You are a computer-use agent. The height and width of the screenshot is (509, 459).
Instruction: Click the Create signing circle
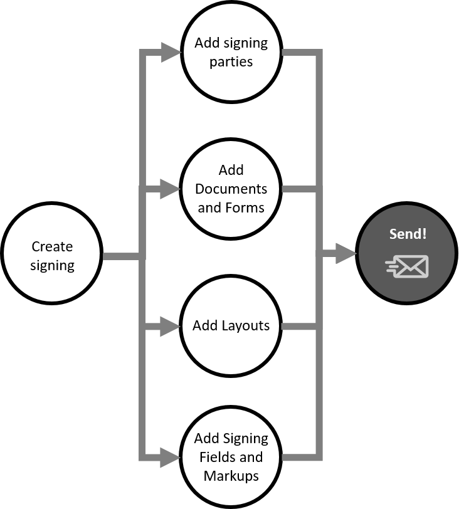[x=52, y=255]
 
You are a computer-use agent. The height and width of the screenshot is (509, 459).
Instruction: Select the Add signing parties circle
[x=231, y=52]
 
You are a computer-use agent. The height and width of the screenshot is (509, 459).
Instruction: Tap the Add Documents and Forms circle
[x=231, y=189]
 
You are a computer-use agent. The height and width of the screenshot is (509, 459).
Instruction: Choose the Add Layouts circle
[x=231, y=326]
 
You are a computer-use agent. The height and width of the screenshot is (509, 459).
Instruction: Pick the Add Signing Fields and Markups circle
[x=231, y=457]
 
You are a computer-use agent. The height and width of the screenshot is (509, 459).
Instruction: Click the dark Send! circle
[x=407, y=254]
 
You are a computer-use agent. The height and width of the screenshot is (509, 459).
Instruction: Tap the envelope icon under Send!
[x=408, y=266]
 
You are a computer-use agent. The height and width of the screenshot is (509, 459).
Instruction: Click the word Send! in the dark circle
[x=408, y=234]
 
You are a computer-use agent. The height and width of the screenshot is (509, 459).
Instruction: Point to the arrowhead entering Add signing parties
[x=171, y=53]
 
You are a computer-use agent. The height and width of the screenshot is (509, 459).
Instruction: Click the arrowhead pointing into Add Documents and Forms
[x=171, y=189]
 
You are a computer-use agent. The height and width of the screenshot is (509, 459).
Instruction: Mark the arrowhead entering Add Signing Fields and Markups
[x=171, y=457]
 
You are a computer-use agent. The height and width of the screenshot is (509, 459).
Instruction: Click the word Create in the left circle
[x=52, y=246]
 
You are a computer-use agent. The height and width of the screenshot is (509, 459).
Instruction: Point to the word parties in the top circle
[x=231, y=61]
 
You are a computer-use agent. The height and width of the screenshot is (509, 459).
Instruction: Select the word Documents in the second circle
[x=231, y=189]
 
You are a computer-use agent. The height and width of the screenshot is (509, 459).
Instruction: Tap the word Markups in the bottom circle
[x=231, y=476]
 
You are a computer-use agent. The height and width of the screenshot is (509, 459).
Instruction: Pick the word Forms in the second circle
[x=246, y=207]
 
